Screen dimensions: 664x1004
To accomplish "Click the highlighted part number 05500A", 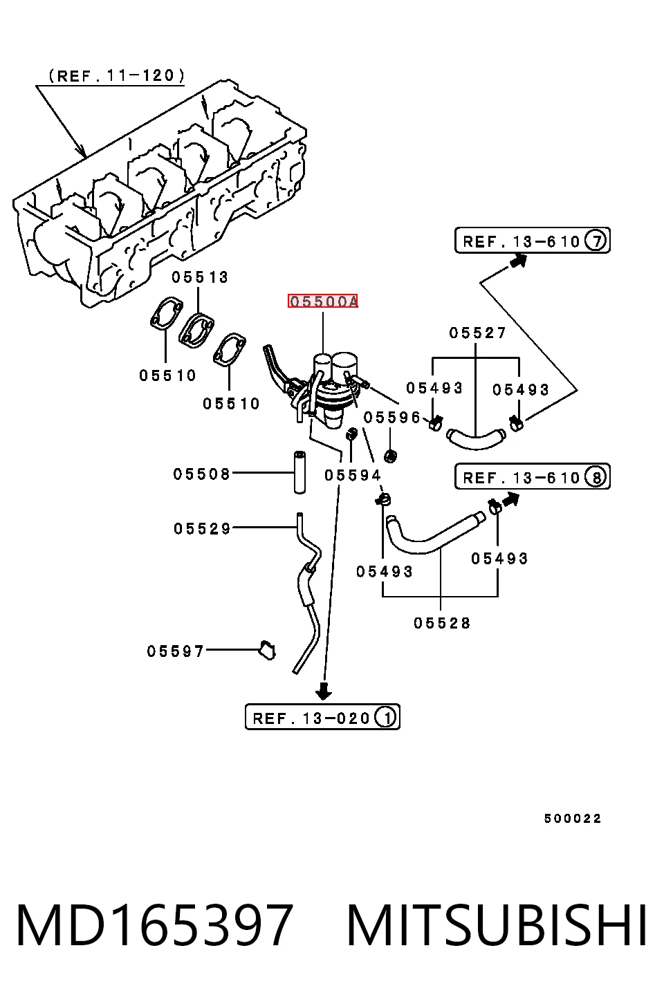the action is click(x=323, y=301).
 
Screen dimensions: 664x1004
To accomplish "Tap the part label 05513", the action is click(x=200, y=277).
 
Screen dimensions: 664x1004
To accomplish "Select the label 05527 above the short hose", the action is click(x=477, y=333).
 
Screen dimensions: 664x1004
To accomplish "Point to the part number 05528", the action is click(x=442, y=623).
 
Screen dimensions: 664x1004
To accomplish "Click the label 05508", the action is click(x=202, y=474).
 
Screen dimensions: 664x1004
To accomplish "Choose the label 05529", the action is click(x=202, y=528).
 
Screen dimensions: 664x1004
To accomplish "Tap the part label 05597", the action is click(x=175, y=651).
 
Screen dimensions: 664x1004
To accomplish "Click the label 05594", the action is click(x=353, y=474).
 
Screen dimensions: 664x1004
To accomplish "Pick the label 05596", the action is click(x=392, y=417).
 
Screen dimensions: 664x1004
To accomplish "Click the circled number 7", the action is click(x=596, y=241).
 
